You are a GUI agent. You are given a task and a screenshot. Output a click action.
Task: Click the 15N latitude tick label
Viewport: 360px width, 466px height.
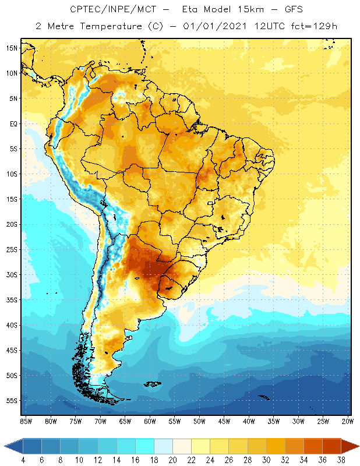(11, 48)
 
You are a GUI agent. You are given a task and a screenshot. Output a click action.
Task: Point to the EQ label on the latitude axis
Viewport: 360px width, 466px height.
(12, 123)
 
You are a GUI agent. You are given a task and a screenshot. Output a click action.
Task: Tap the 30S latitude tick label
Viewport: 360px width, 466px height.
(11, 274)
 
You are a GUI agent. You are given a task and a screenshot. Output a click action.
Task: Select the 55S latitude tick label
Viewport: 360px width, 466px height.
(11, 400)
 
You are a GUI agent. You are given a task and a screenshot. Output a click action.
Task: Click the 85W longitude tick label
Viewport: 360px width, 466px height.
(26, 421)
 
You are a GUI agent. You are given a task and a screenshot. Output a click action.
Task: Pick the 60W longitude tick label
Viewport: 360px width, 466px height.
(150, 421)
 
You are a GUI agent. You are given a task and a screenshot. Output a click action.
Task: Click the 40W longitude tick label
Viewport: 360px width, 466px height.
(250, 421)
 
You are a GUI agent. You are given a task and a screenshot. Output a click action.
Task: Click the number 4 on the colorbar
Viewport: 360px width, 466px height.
(23, 461)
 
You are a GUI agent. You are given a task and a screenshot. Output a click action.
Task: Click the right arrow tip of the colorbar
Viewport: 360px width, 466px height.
(358, 446)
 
